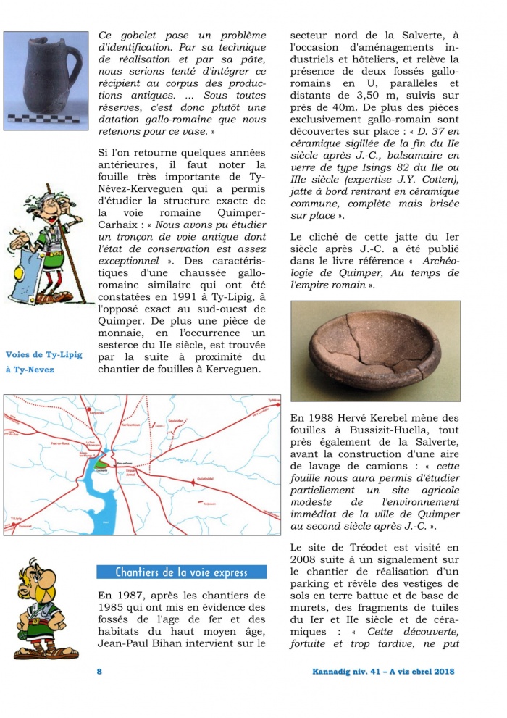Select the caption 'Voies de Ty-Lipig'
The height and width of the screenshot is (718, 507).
43,354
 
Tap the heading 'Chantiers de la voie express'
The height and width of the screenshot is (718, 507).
181,572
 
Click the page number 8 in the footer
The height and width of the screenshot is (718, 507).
99,671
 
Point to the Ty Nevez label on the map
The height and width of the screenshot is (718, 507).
269,401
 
